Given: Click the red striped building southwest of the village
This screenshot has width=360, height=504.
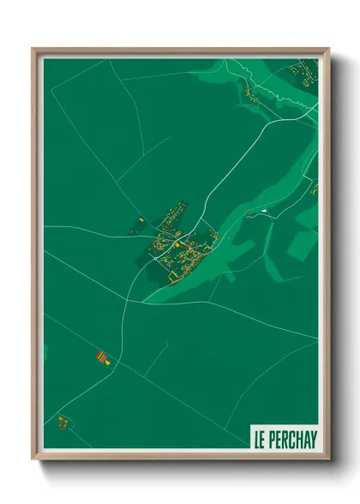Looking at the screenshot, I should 102,356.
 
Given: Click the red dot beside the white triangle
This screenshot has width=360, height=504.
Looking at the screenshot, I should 249,213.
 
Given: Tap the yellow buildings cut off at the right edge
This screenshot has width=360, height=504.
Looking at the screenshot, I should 314,188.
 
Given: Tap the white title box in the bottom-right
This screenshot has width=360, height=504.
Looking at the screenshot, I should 284,440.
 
